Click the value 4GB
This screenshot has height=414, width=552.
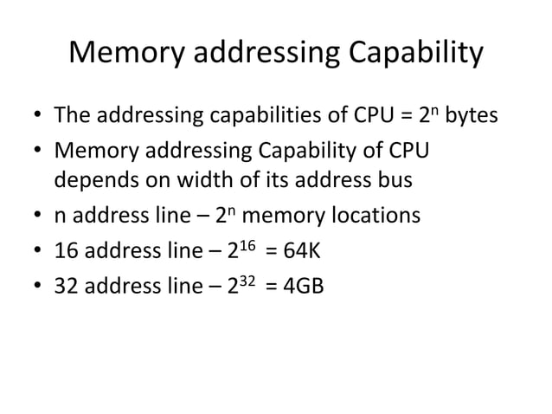pyautogui.click(x=302, y=285)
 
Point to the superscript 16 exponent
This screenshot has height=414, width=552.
pyautogui.click(x=247, y=244)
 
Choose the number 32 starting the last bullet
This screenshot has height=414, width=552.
pyautogui.click(x=67, y=285)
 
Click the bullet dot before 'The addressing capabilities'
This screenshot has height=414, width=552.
pyautogui.click(x=35, y=116)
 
